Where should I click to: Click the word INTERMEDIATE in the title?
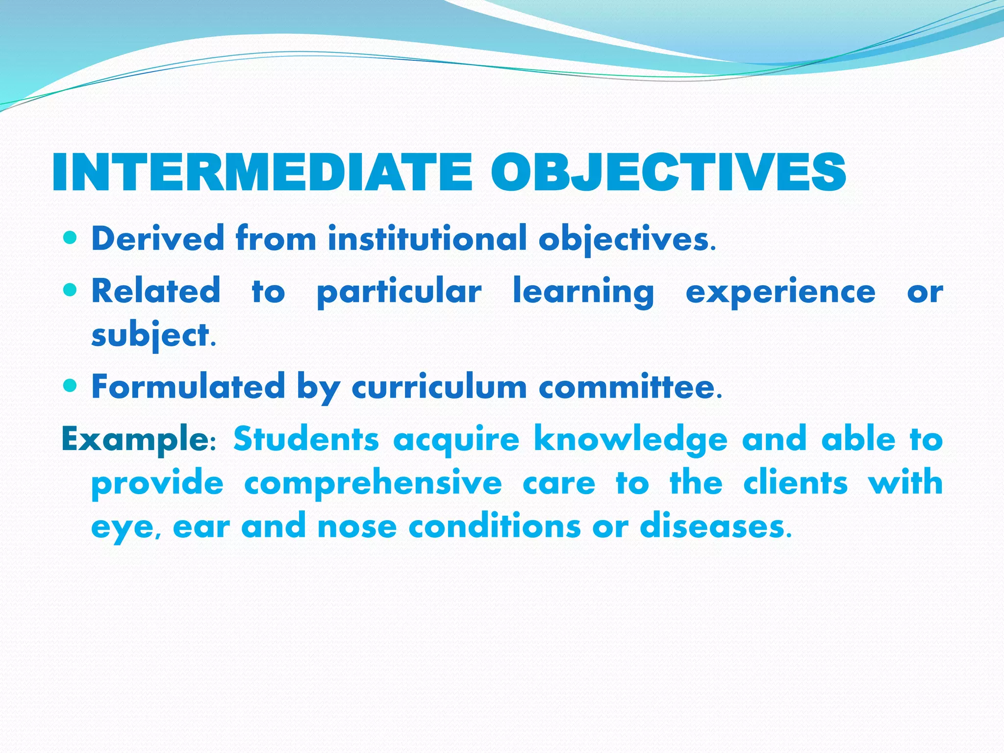coord(262,173)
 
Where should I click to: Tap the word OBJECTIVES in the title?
coord(668,173)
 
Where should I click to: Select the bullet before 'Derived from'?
coord(71,238)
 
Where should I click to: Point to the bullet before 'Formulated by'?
coord(71,386)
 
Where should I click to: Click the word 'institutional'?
coord(427,239)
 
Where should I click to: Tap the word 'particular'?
coord(399,292)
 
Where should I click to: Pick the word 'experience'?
coord(780,292)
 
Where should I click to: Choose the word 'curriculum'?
coord(439,387)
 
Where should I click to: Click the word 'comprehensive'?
coord(373,483)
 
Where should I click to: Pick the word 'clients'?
coord(795,483)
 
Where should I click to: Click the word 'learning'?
coord(583,292)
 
